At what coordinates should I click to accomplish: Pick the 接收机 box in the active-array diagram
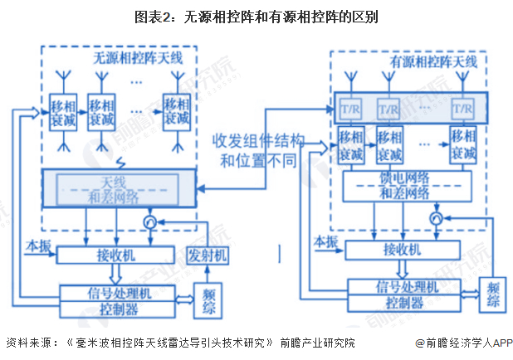click(x=402, y=248)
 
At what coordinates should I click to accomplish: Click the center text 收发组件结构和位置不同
click(x=258, y=150)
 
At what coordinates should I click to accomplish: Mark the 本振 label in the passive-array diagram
click(x=38, y=246)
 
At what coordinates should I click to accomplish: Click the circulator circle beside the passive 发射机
click(x=149, y=222)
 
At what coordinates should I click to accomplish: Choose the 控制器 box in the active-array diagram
click(x=402, y=303)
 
